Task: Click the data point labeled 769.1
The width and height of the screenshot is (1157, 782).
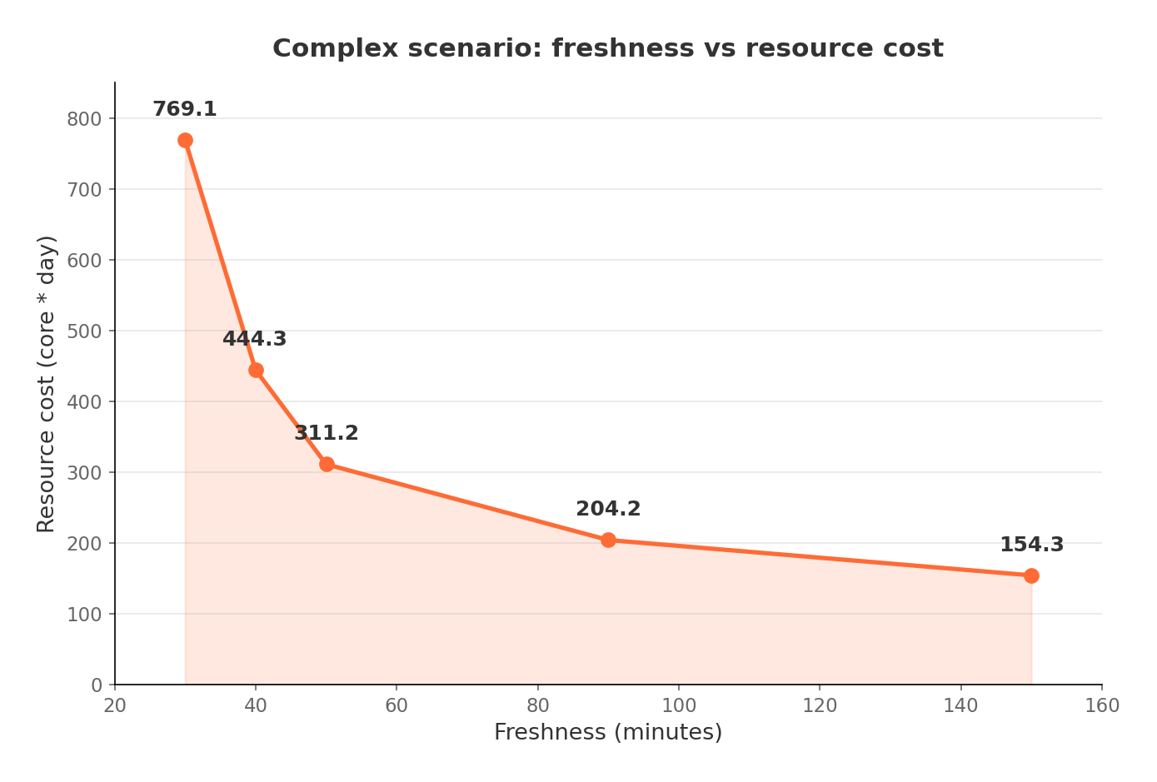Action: coord(185,140)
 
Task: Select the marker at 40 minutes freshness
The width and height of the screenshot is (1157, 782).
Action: coord(256,370)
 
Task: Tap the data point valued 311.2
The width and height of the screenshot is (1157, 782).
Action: coord(327,464)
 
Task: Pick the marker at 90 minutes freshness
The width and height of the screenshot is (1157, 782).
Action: coord(608,540)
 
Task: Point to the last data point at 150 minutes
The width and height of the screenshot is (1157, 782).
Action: coord(1031,575)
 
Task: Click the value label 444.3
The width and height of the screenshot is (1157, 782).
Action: coord(254,339)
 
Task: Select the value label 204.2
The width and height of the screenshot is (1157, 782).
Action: coord(608,509)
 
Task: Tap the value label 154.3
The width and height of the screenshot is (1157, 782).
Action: coord(1031,545)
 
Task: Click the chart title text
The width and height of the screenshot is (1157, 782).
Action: coord(608,48)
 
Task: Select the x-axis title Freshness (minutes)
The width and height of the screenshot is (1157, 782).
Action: coord(608,732)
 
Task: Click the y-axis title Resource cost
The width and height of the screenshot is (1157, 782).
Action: coord(47,383)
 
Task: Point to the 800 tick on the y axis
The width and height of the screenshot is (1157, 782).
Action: coord(84,118)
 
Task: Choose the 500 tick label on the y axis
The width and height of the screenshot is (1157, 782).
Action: coord(84,331)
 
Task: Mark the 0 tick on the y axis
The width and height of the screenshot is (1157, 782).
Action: coord(97,685)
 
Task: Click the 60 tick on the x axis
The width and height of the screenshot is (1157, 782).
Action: coord(396,706)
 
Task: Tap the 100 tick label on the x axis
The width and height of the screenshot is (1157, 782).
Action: coord(679,706)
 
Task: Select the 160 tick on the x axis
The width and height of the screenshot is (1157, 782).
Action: coord(1102,706)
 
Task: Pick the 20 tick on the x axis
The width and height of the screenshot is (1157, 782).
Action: coord(115,706)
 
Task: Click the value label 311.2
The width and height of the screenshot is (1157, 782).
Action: coord(326,433)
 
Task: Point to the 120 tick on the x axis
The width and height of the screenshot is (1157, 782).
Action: coord(820,706)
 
